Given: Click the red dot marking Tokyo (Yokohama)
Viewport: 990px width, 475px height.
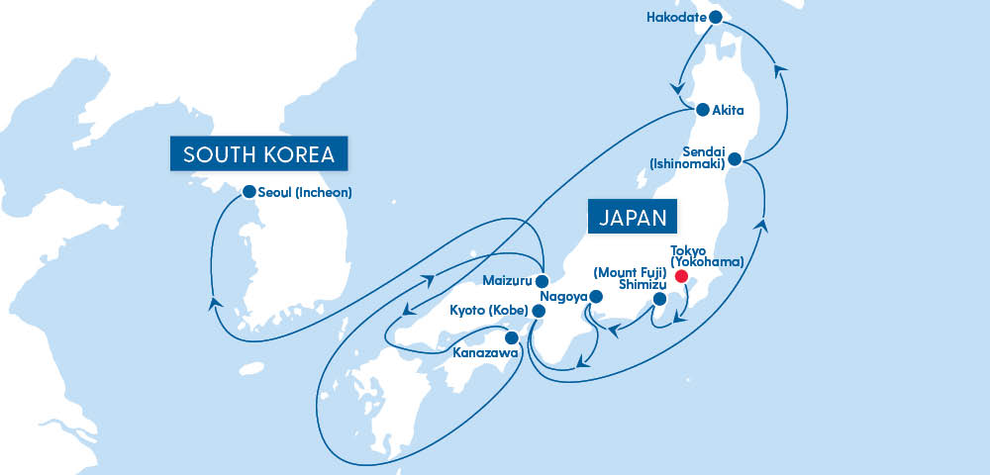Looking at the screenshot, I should tap(681, 276).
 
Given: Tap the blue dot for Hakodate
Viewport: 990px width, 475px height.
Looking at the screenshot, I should tap(714, 17).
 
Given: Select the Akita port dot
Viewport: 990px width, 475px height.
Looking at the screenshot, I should tap(702, 110).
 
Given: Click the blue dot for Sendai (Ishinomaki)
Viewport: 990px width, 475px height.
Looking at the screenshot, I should tap(735, 158).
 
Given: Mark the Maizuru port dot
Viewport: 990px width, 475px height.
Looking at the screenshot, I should tap(543, 280).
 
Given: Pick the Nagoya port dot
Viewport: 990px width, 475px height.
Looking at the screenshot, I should tap(595, 296).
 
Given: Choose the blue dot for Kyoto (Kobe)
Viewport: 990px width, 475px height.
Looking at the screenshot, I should tap(539, 311).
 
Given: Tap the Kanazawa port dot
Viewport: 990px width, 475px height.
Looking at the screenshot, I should tap(511, 336).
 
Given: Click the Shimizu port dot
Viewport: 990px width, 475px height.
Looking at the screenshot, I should tap(659, 299).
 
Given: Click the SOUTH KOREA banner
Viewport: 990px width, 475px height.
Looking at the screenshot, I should tap(260, 154).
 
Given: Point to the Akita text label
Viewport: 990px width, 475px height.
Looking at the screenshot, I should tap(728, 110).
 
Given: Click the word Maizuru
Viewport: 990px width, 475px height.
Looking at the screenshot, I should tap(510, 280).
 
